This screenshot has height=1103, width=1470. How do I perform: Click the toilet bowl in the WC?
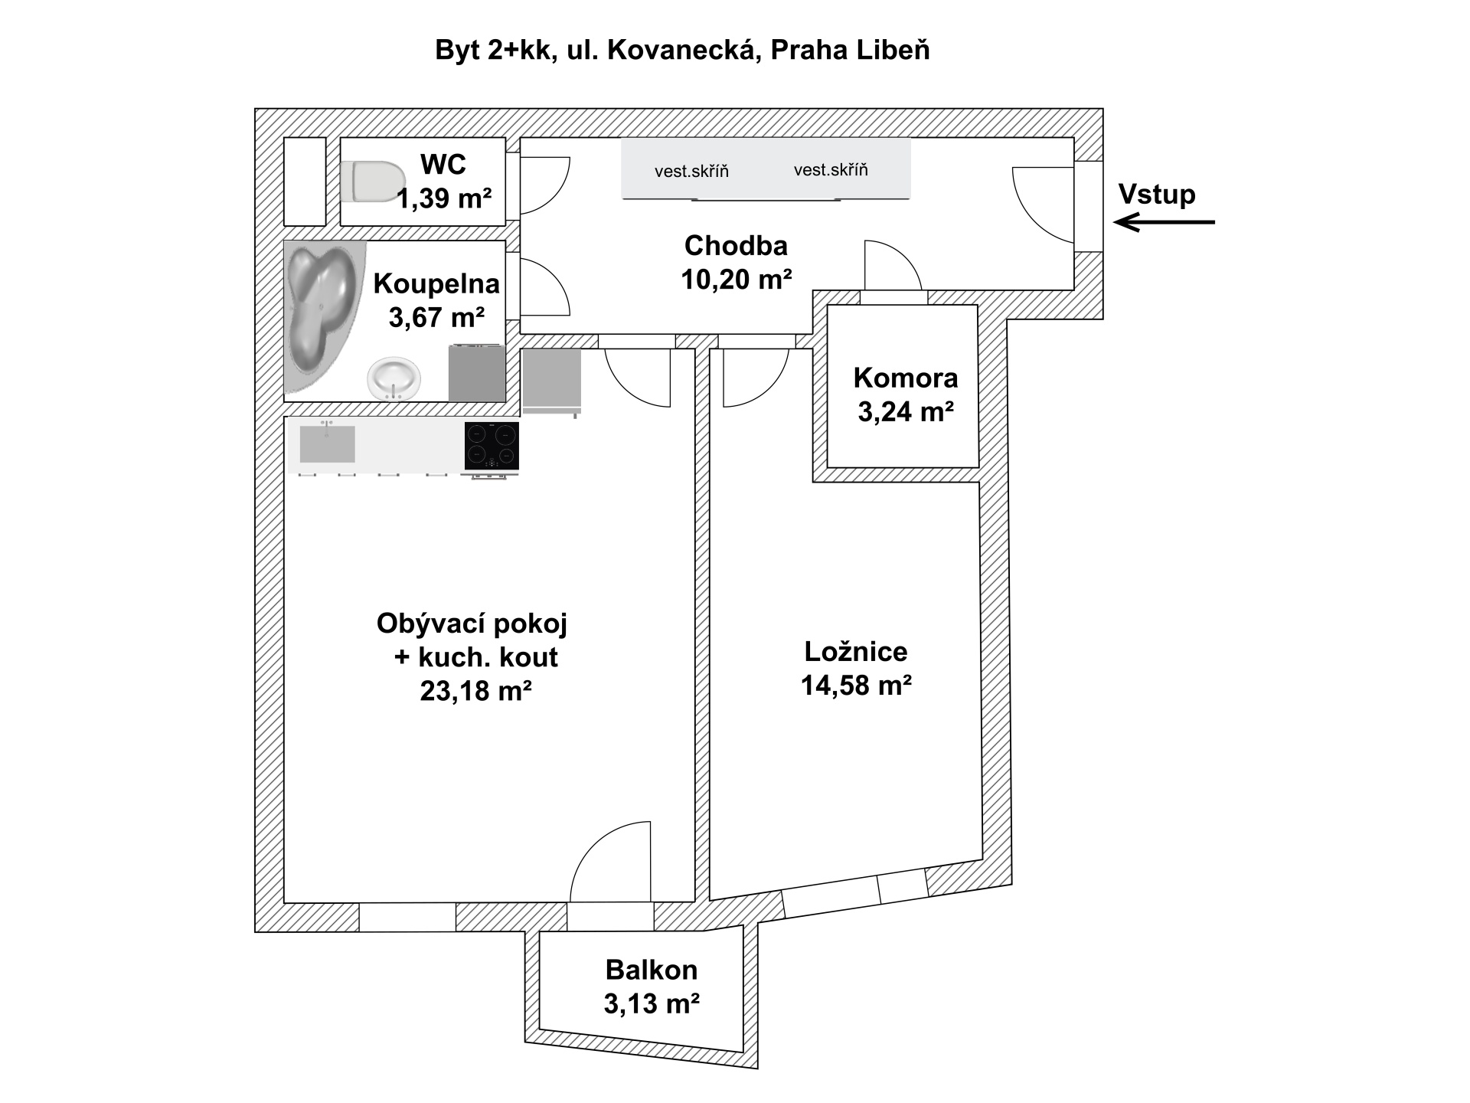373,182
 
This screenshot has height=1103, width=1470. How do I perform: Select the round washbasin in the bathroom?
394,378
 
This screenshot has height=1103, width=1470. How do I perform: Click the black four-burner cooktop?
492,446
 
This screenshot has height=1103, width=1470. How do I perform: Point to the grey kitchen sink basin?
327,444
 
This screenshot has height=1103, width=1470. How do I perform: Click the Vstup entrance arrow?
1165,222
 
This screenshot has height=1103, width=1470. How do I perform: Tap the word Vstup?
1157,194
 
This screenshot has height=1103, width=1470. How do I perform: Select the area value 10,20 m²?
737,280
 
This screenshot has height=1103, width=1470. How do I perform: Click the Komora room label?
906,378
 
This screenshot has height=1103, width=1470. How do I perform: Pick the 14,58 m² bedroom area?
856,685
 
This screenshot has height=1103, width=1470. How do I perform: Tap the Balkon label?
652,970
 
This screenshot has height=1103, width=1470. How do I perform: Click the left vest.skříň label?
691,171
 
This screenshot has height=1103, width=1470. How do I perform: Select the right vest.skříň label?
831,169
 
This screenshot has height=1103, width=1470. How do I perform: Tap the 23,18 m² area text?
476,691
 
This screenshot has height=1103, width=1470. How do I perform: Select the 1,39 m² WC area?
444,199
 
